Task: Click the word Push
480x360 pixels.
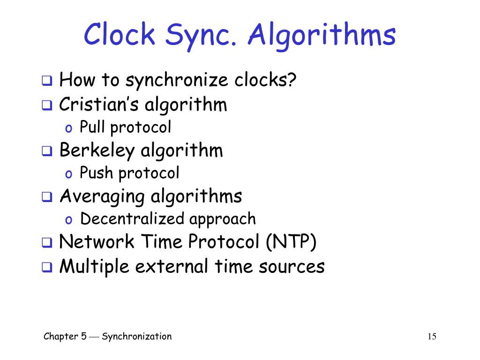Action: click(x=97, y=173)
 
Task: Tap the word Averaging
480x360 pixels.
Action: click(x=102, y=196)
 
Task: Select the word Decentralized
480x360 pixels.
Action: click(x=133, y=219)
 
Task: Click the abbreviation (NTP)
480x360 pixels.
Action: click(x=291, y=242)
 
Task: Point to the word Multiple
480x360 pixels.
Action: click(x=94, y=266)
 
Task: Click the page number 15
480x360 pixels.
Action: click(x=432, y=337)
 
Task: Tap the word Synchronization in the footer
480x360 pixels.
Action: click(x=137, y=336)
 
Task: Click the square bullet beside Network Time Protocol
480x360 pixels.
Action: click(x=46, y=243)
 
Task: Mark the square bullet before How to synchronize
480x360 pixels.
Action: click(x=46, y=81)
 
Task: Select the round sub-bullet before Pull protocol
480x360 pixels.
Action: click(x=68, y=128)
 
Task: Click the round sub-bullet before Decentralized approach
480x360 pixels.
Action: click(x=68, y=220)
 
